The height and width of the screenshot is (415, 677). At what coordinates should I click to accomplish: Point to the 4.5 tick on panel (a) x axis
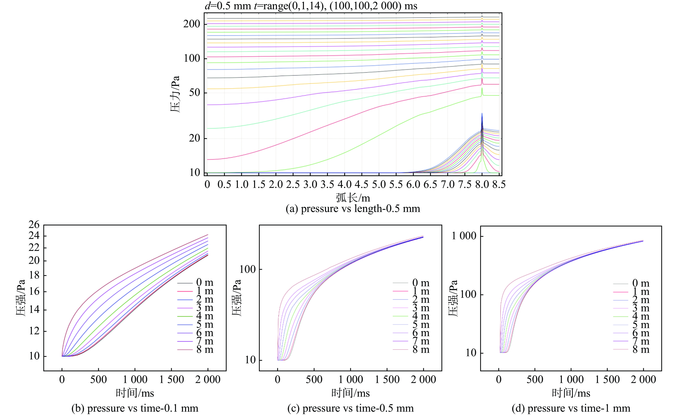362,184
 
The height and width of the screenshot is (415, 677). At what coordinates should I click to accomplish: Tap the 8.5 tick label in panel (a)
499,184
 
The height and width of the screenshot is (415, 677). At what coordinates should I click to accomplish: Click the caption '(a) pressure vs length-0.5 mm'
353,209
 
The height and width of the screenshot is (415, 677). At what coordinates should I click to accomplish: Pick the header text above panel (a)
311,6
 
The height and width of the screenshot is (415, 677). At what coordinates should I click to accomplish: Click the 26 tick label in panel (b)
34,225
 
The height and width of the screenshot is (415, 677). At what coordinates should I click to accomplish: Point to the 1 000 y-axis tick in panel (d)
464,236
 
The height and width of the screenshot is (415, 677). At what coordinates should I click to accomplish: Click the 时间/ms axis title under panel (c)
350,393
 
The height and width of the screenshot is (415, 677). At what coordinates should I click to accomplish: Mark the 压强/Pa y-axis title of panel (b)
20,298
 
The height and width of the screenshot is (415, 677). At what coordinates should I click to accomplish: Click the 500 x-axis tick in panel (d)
535,380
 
